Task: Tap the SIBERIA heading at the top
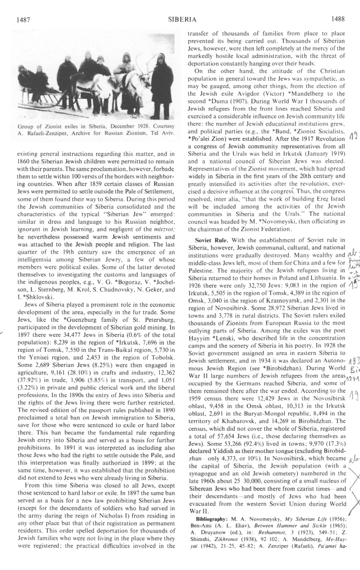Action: coord(181,19)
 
